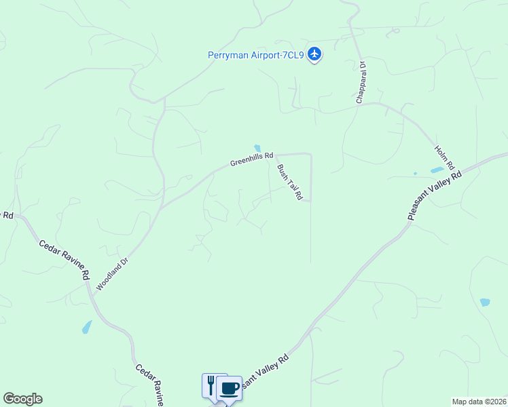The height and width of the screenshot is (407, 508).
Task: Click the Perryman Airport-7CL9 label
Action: (256, 55)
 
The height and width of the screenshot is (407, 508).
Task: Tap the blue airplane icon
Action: (314, 54)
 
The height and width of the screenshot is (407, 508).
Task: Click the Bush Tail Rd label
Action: (289, 182)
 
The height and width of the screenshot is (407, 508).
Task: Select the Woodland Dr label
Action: (112, 273)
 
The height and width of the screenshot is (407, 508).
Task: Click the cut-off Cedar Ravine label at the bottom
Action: (149, 385)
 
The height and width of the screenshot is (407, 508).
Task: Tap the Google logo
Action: (22, 399)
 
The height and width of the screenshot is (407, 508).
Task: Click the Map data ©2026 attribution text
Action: (479, 402)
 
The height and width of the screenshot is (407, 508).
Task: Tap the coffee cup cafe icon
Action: (230, 388)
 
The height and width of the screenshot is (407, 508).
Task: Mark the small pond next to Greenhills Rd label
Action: (257, 149)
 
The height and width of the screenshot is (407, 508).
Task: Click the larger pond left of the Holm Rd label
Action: (437, 170)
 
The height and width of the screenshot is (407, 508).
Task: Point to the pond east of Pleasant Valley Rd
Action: (484, 302)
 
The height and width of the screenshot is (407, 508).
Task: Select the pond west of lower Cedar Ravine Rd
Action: (87, 327)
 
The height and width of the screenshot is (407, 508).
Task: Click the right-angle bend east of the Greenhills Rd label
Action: (310, 155)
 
